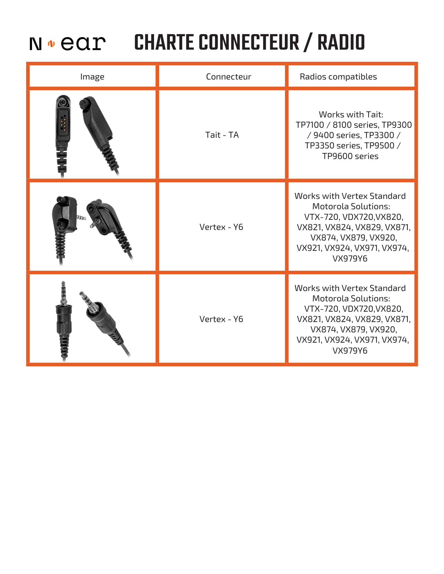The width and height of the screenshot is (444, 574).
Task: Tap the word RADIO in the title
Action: click(x=341, y=42)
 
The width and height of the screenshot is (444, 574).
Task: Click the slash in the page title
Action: click(x=308, y=42)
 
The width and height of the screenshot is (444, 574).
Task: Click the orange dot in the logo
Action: click(x=51, y=44)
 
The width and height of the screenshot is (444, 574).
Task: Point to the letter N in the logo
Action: click(x=36, y=44)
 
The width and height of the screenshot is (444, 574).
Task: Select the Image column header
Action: click(x=92, y=77)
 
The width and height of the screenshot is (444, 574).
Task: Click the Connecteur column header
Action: click(x=228, y=77)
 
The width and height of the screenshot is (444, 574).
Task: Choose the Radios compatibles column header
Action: click(x=338, y=77)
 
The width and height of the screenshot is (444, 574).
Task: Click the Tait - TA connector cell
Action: click(x=222, y=135)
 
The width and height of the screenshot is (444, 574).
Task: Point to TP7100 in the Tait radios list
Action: click(x=310, y=125)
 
